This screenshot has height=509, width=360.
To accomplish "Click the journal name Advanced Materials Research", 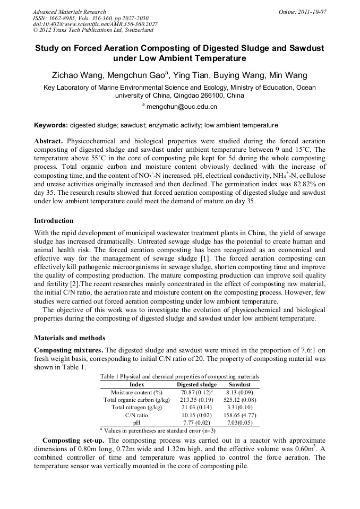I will pyautogui.click(x=69, y=12).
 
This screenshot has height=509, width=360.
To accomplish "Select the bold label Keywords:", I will pyautogui.click(x=51, y=125).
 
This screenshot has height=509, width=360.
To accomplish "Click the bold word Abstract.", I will pyautogui.click(x=49, y=142).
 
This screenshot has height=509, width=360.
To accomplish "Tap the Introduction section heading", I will pyautogui.click(x=54, y=220).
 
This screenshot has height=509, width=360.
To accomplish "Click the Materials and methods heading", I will pyautogui.click(x=70, y=338).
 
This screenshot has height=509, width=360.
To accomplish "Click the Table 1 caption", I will pyautogui.click(x=179, y=376).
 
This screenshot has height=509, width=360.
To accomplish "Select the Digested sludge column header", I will pyautogui.click(x=196, y=384).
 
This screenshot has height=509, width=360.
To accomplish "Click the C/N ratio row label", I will pyautogui.click(x=136, y=415).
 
